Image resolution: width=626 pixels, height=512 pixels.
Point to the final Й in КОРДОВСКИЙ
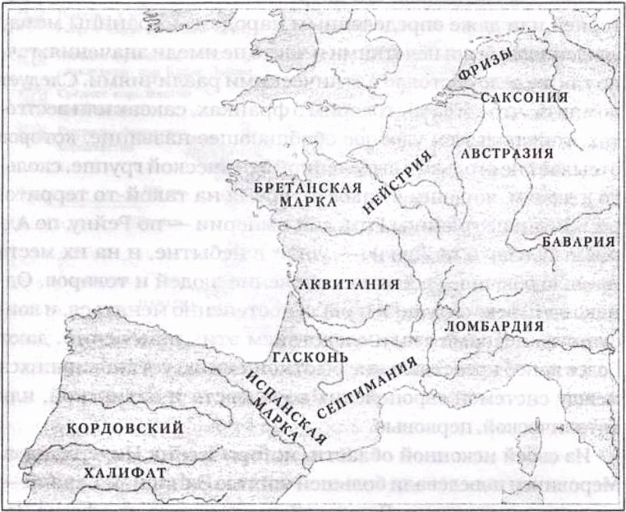[177, 428]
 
